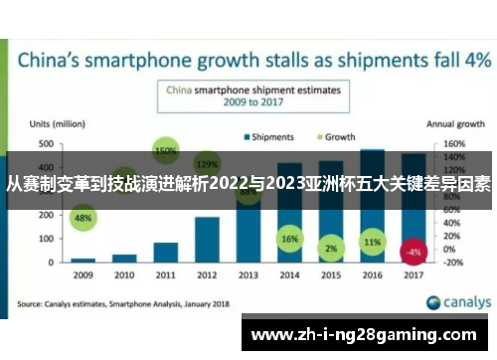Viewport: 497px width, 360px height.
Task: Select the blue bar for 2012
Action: click(207, 239)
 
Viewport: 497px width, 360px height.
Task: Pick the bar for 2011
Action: click(165, 252)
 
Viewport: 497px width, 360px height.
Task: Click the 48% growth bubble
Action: click(83, 218)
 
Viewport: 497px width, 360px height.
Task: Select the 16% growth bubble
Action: click(289, 240)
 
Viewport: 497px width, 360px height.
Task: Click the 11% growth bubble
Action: click(373, 242)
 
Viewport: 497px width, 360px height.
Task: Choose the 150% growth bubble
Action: click(166, 150)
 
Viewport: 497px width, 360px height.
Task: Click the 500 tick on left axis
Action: click(46, 144)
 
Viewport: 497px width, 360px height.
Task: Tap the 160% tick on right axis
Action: click(453, 144)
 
